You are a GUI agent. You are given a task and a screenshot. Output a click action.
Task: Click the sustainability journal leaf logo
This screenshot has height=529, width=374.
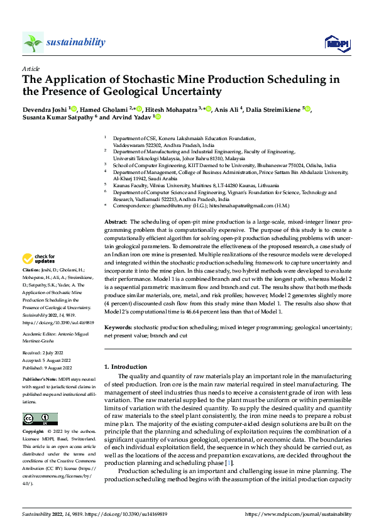point(33,42)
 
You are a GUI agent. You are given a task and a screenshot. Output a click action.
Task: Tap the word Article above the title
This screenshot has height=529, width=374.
point(31,68)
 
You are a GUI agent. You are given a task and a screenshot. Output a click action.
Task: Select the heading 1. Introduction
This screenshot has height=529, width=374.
point(125,366)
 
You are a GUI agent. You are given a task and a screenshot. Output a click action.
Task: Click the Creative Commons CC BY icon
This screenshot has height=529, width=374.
point(40,418)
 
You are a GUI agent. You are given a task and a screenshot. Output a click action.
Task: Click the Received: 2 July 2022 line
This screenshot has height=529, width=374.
point(44,353)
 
